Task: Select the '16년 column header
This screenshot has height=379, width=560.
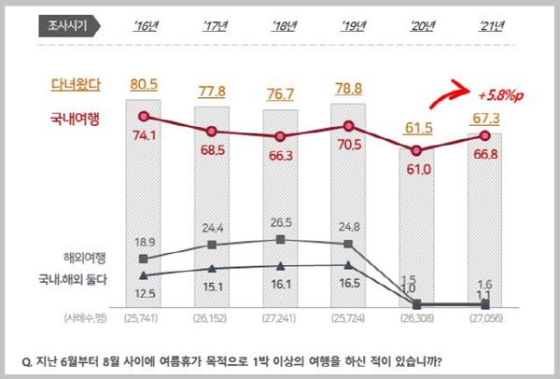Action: [x=144, y=27]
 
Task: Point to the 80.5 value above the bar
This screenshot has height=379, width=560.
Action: [x=144, y=85]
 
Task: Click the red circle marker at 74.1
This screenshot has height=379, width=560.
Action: [x=144, y=117]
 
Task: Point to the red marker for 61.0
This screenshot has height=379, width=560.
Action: [x=417, y=151]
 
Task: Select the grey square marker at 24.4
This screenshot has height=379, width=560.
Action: [x=212, y=246]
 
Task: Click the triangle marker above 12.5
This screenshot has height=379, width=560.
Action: [x=144, y=275]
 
